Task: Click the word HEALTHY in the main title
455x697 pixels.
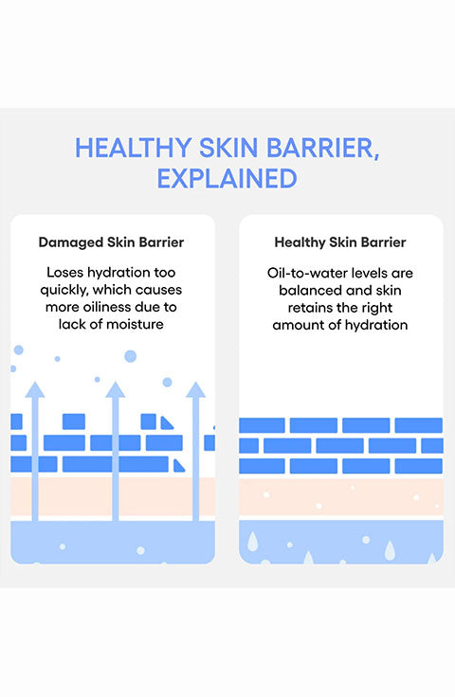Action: (133, 148)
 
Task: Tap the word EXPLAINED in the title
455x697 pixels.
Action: (227, 178)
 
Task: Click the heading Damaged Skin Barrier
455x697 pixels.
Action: (111, 242)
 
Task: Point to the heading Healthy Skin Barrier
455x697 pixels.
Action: (340, 242)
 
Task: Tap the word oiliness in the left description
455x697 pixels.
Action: (111, 307)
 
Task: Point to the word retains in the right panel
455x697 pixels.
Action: (310, 308)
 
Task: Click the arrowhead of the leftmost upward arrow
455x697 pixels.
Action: (35, 389)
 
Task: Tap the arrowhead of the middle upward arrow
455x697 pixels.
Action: (116, 389)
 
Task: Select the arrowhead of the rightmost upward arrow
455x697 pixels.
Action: (195, 389)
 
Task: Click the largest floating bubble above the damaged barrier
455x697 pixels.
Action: (130, 356)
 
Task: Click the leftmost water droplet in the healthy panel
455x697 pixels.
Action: (252, 541)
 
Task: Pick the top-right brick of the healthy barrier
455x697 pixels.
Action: (419, 425)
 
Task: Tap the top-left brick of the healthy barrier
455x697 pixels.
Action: (262, 425)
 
